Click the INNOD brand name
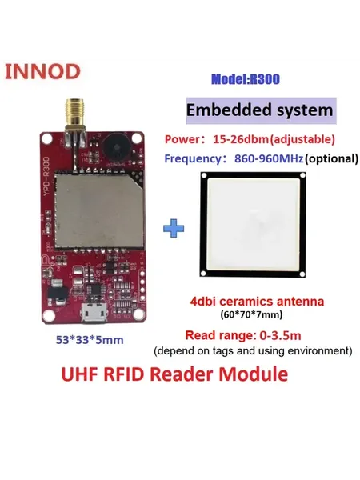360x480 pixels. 42,72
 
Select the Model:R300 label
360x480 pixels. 246,79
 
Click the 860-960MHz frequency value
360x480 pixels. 269,158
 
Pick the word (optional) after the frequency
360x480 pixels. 331,158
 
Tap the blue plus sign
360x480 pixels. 174,228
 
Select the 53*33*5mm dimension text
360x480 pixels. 90,340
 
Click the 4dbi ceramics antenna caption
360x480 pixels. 257,302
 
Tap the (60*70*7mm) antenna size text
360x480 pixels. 251,314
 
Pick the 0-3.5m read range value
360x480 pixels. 281,335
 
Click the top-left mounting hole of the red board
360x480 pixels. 47,139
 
